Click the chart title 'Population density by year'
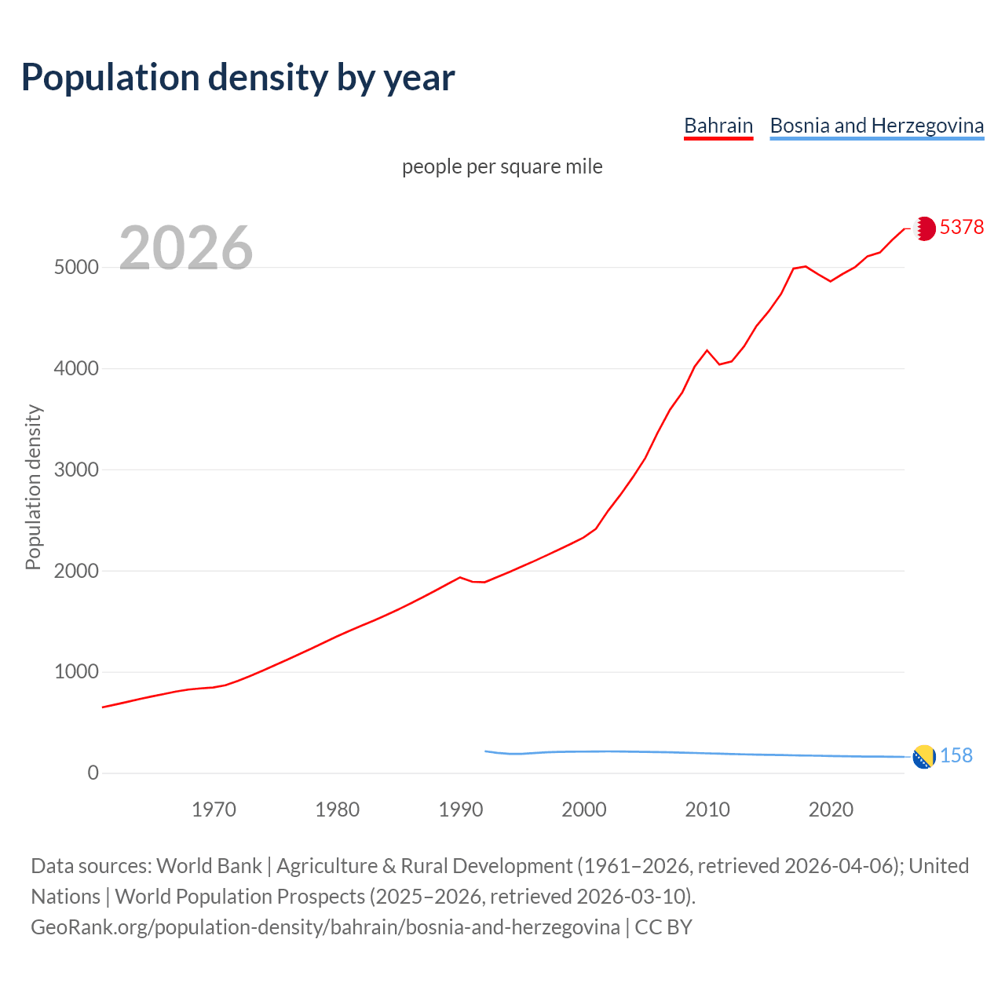[x=238, y=78]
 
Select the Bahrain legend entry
[x=718, y=126]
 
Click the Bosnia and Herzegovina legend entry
[x=876, y=126]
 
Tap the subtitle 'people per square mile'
[x=502, y=167]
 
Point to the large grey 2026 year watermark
[x=186, y=248]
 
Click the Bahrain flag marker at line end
[x=924, y=228]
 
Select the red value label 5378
[x=962, y=227]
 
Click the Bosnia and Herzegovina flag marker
[x=924, y=757]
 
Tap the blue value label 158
[x=956, y=755]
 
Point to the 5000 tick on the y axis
[x=76, y=268]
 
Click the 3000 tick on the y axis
[x=76, y=470]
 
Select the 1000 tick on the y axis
[x=76, y=672]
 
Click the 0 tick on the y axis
[x=93, y=773]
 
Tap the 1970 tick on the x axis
[x=214, y=809]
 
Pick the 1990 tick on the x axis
[x=461, y=809]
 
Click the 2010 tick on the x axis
[x=707, y=809]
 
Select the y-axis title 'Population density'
[x=33, y=487]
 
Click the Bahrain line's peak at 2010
[x=707, y=350]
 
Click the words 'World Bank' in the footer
[x=209, y=866]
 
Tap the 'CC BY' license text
[x=663, y=927]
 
